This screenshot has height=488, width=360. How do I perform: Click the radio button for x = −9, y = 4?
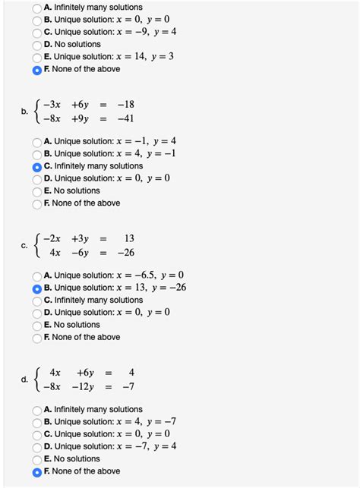point(37,33)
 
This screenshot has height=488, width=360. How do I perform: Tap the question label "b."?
point(25,112)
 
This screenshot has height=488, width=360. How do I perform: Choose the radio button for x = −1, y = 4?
point(37,142)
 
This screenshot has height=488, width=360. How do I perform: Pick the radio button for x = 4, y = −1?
point(37,154)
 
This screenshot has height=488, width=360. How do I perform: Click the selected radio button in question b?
point(37,166)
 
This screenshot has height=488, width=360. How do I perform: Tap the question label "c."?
point(25,245)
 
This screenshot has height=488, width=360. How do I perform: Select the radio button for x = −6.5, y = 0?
point(37,275)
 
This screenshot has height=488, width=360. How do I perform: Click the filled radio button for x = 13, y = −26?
point(37,288)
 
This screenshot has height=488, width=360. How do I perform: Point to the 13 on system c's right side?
point(128,238)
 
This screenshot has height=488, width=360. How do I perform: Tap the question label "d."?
point(25,379)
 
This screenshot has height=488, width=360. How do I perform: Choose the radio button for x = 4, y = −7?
point(37,422)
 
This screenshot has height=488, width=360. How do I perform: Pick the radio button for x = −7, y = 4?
point(37,447)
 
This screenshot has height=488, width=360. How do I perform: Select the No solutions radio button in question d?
point(37,459)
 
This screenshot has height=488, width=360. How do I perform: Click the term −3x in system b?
point(53,105)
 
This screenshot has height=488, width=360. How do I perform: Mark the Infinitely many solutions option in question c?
point(37,301)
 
